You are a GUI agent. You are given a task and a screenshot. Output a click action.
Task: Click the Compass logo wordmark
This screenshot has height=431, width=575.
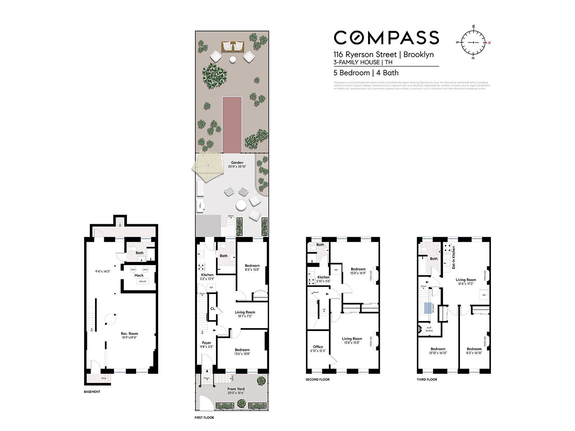tap(386, 38)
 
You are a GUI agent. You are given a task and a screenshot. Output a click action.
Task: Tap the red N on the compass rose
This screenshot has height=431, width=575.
tap(489, 43)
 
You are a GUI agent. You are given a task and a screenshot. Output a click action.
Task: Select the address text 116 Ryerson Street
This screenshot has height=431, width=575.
tap(365, 55)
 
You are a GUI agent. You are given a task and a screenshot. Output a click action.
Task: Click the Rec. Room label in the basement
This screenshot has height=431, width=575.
tap(129, 334)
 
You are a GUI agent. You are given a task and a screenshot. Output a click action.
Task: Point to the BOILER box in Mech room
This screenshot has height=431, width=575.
tap(143, 281)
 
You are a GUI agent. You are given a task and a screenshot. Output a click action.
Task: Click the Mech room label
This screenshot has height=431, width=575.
tap(139, 275)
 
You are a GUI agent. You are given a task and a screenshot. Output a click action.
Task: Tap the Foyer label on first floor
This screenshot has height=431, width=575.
tap(206, 343)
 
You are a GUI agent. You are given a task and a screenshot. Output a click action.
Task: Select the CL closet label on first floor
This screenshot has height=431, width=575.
tap(212, 309)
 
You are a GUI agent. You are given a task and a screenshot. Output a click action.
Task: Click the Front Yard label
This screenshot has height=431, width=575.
tap(236, 389)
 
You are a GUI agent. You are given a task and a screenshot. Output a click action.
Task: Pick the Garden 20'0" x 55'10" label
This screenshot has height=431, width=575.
tap(237, 164)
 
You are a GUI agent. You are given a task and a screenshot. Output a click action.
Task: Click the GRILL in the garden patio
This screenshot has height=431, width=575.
tap(200, 205)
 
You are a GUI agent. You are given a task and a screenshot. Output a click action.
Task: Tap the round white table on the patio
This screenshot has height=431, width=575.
tap(241, 206)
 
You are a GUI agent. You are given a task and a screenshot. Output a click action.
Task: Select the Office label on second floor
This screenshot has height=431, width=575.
tap(318, 347)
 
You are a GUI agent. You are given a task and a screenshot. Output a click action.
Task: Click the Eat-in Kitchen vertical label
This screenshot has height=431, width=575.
tap(454, 257)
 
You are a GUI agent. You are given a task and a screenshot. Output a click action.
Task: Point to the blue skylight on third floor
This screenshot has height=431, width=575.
tap(427, 308)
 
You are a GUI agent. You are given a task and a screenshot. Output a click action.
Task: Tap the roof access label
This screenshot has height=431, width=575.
tap(429, 329)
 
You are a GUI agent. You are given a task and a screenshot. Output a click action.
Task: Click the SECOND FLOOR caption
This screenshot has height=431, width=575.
tap(317, 379)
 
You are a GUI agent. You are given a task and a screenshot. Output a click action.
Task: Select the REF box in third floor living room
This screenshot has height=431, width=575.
tap(484, 295)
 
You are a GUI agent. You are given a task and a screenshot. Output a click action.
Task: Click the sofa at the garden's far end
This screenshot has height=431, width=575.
tap(233, 46)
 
